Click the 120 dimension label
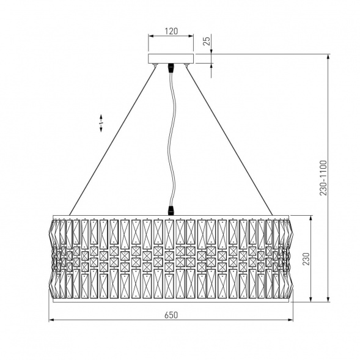point(171,31)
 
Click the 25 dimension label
point(207,41)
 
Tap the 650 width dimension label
point(171,315)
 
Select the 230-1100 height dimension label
point(323,178)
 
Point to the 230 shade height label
point(306,259)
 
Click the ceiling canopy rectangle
point(171,59)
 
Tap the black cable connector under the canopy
point(171,68)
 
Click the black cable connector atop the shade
point(171,210)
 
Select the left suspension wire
point(112,141)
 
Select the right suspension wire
point(229,141)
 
